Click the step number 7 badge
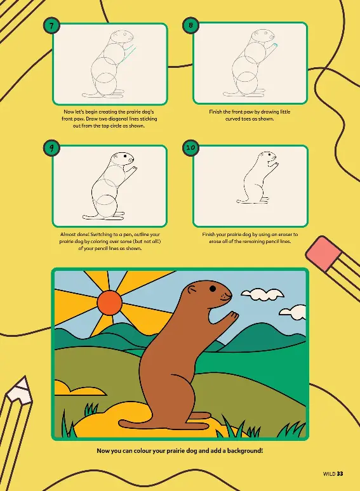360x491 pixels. click(51, 25)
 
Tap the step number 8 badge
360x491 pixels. click(191, 25)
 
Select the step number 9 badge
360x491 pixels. click(51, 147)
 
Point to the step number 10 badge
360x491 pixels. click(191, 147)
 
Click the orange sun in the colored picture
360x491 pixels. click(109, 302)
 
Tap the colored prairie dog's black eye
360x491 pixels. click(213, 289)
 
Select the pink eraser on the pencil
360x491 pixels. click(323, 253)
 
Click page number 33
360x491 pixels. click(340, 474)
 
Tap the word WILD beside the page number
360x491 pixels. click(329, 474)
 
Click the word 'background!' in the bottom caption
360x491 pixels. click(245, 451)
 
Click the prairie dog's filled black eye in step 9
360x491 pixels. click(125, 155)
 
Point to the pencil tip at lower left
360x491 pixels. click(20, 390)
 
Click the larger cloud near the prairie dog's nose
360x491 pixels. click(263, 294)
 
